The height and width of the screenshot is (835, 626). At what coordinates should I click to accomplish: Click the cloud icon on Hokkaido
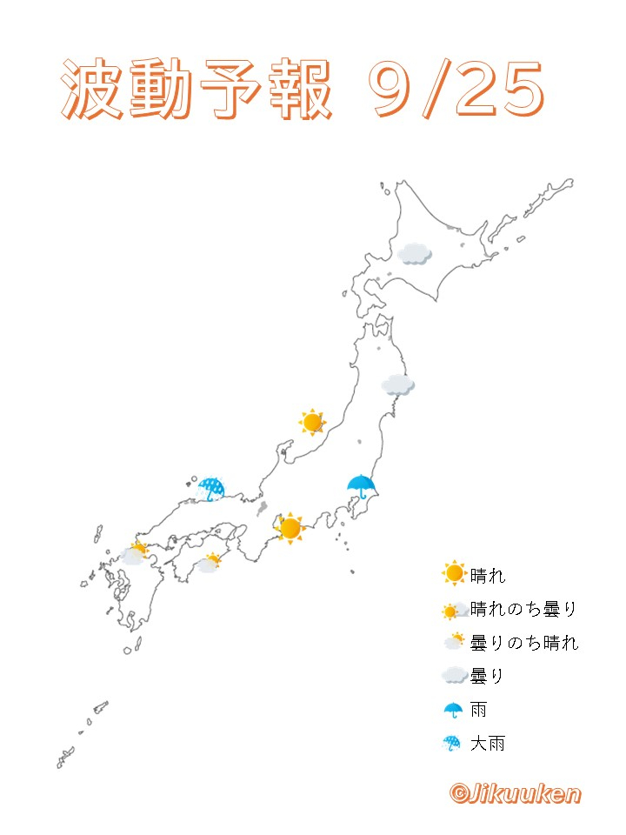tap(415, 253)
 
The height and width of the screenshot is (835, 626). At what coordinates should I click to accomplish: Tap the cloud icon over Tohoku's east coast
tap(397, 384)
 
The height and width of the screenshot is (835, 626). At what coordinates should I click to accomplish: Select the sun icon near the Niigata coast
tap(312, 423)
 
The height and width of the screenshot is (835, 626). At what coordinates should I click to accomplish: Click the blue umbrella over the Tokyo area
tap(361, 486)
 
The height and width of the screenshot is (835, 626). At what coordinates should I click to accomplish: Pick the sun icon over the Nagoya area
tap(290, 527)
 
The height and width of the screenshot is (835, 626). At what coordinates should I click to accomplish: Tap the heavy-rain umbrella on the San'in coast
tap(211, 489)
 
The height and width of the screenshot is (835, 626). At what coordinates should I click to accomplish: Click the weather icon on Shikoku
tap(209, 563)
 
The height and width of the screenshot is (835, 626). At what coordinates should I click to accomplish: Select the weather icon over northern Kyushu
tap(135, 554)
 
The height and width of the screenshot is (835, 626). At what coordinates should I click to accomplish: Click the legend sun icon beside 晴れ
tap(454, 574)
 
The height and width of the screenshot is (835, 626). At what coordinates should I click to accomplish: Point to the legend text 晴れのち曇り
tap(523, 609)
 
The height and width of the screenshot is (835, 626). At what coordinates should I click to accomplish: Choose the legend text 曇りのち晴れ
tap(523, 643)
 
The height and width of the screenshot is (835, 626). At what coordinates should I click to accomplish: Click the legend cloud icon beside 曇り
tap(454, 676)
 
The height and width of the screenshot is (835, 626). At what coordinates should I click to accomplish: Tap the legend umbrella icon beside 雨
tap(453, 710)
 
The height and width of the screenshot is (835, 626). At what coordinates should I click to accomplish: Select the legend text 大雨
tap(487, 744)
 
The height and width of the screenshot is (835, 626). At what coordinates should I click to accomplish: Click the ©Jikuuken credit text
tap(515, 792)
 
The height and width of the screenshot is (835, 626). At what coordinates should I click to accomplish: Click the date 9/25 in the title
tap(456, 90)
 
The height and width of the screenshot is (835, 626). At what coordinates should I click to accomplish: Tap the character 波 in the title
tap(94, 90)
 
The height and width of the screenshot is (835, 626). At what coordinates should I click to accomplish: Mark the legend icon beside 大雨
tap(453, 744)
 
